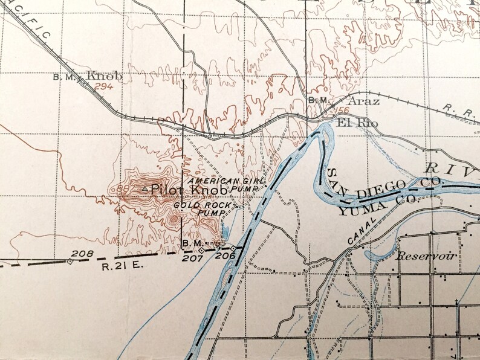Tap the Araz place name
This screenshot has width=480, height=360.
click(365, 101)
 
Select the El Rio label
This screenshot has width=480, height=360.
click(357, 123)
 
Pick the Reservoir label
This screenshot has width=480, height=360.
click(426, 256)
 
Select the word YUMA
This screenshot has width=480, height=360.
click(353, 211)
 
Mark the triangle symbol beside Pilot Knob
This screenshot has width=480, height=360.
click(144, 190)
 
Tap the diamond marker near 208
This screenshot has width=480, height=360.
click(70, 262)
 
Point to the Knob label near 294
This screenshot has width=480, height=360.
click(105, 76)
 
